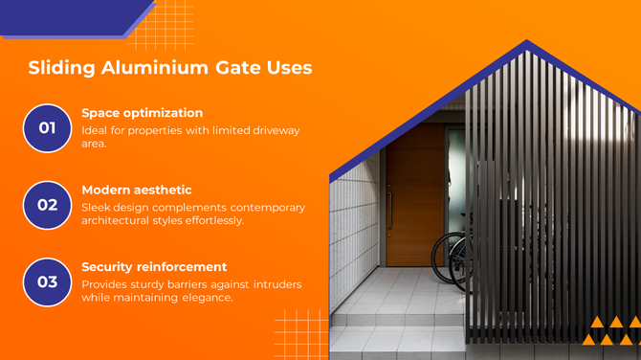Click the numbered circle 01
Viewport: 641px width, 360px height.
coord(48,128)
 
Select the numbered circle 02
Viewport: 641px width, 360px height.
coord(48,205)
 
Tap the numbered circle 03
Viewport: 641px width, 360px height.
coord(48,281)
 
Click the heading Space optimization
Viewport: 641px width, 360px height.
coord(142,112)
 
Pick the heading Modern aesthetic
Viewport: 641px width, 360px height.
coord(136,190)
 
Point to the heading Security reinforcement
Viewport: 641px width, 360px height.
coord(154,266)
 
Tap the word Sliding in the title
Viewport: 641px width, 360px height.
coord(60,68)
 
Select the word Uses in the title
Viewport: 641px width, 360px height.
coord(284,68)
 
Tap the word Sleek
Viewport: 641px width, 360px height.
coord(98,207)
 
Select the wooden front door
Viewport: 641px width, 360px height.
coord(414,196)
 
